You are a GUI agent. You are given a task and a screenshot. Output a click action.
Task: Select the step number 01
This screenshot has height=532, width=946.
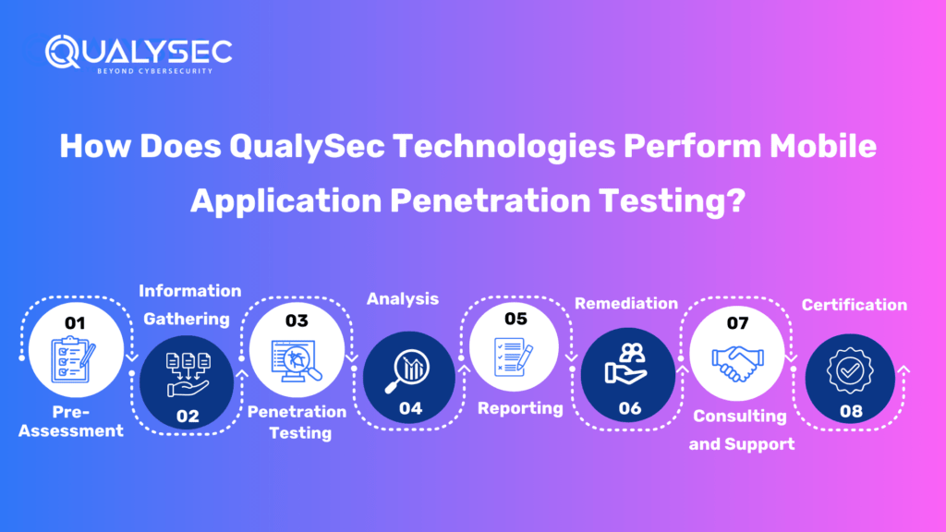tap(75, 323)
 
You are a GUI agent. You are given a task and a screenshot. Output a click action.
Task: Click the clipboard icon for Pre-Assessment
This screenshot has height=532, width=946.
tap(75, 360)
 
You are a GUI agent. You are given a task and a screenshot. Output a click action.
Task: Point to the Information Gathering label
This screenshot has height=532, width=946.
tap(189, 305)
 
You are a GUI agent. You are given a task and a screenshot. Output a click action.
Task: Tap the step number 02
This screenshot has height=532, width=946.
tap(188, 416)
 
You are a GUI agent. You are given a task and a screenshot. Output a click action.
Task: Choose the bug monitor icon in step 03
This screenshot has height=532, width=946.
tap(295, 360)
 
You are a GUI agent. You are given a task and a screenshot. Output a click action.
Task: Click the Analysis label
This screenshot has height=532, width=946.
tap(403, 298)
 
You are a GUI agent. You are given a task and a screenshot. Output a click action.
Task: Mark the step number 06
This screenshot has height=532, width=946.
tap(629, 408)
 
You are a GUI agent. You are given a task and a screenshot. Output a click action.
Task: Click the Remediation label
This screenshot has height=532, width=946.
tap(626, 303)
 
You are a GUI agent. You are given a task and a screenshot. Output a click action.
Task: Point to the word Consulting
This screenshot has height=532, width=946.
tap(740, 416)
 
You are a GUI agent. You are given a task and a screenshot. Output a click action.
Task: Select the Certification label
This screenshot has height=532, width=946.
tap(854, 304)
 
